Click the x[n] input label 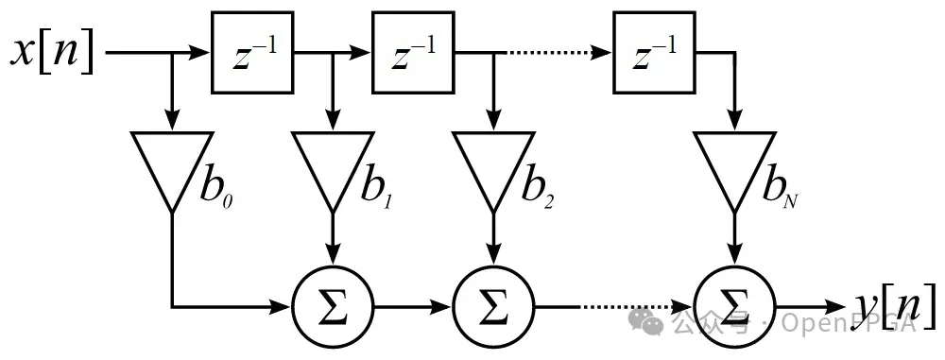point(52,53)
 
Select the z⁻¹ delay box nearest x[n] point(252,53)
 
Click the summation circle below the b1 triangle point(332,307)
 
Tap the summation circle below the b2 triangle point(492,307)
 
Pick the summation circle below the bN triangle point(733,307)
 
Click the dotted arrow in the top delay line point(553,53)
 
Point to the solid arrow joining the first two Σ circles point(412,307)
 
